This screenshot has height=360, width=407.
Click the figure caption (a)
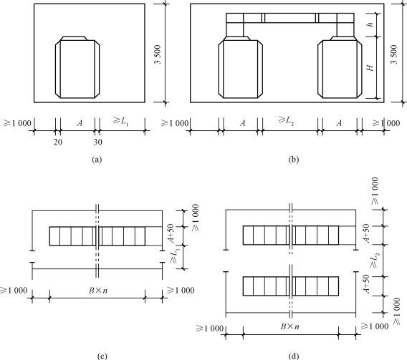(x=97, y=160)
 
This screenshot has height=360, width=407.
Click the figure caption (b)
(x=294, y=160)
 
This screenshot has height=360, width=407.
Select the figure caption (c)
(x=102, y=356)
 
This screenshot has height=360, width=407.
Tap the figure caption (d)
(x=294, y=356)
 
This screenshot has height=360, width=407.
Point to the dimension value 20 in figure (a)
(x=58, y=142)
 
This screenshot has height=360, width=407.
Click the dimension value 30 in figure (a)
(x=98, y=142)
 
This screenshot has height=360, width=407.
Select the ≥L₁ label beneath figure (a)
(x=120, y=121)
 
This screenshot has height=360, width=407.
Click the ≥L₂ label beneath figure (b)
(x=286, y=121)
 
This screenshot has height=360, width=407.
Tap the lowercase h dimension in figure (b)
(x=370, y=24)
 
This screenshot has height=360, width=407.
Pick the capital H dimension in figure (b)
(x=370, y=68)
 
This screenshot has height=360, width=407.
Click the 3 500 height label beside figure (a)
(x=158, y=54)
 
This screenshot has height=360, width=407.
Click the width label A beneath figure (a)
(x=80, y=123)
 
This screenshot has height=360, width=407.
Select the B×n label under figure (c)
(x=98, y=291)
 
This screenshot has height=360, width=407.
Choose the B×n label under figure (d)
(x=289, y=326)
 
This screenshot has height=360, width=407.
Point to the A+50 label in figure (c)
(x=171, y=233)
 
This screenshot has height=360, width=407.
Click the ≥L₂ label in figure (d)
(x=375, y=261)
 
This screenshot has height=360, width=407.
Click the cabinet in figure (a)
(x=77, y=67)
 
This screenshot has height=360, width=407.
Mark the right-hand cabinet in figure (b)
(x=340, y=67)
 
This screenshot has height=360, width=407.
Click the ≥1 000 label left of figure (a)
(x=17, y=123)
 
